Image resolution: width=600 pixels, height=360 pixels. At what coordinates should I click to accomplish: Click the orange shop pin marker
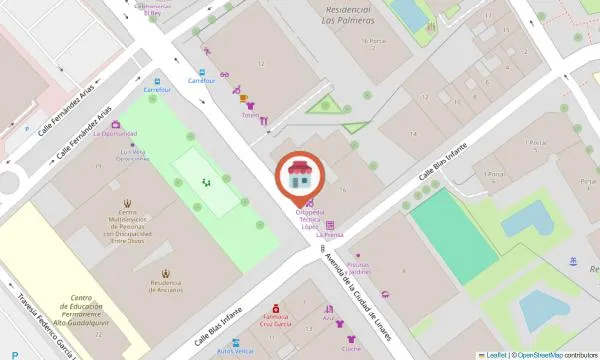coord(299,177)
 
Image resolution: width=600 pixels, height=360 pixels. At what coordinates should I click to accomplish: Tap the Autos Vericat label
coord(237,352)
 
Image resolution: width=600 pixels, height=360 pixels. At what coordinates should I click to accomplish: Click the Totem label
coord(250,115)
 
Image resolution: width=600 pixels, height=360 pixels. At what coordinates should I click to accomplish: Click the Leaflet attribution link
coord(496,354)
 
